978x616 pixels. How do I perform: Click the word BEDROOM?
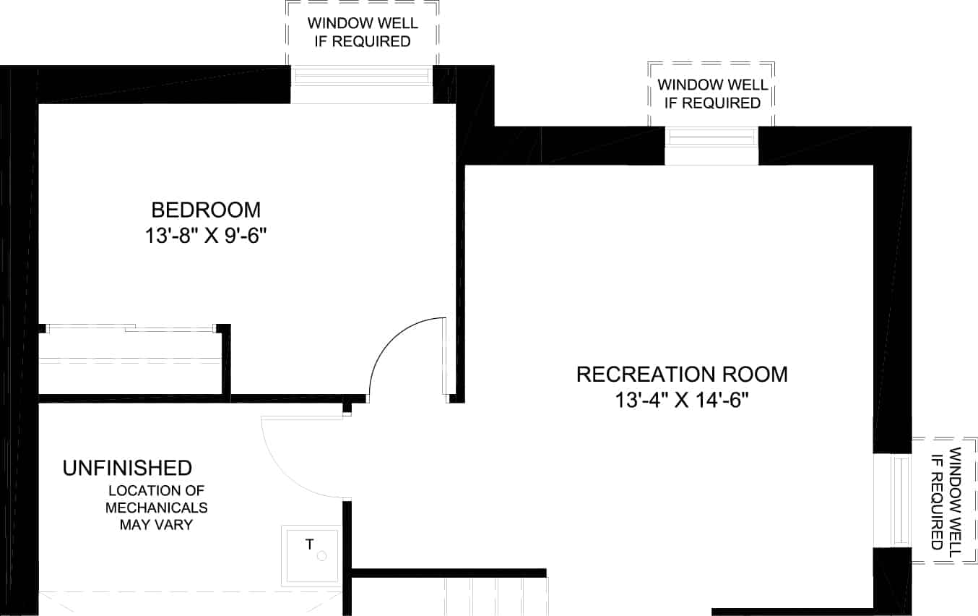pyautogui.click(x=206, y=210)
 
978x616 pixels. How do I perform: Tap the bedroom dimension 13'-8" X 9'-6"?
pyautogui.click(x=206, y=236)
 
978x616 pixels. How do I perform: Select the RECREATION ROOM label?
pyautogui.click(x=682, y=375)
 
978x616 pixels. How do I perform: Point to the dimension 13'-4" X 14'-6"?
pyautogui.click(x=682, y=400)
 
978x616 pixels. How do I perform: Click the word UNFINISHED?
pyautogui.click(x=128, y=468)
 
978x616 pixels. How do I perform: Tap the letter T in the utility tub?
pyautogui.click(x=310, y=544)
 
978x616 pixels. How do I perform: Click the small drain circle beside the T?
pyautogui.click(x=321, y=556)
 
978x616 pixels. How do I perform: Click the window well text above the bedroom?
pyautogui.click(x=363, y=33)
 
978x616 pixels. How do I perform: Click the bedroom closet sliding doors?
pyautogui.click(x=131, y=328)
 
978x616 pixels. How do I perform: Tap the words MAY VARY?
pyautogui.click(x=156, y=525)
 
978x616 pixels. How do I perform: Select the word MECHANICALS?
pyautogui.click(x=156, y=508)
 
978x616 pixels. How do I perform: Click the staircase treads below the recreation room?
pyautogui.click(x=496, y=596)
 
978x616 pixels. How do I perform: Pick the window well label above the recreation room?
pyautogui.click(x=712, y=94)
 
